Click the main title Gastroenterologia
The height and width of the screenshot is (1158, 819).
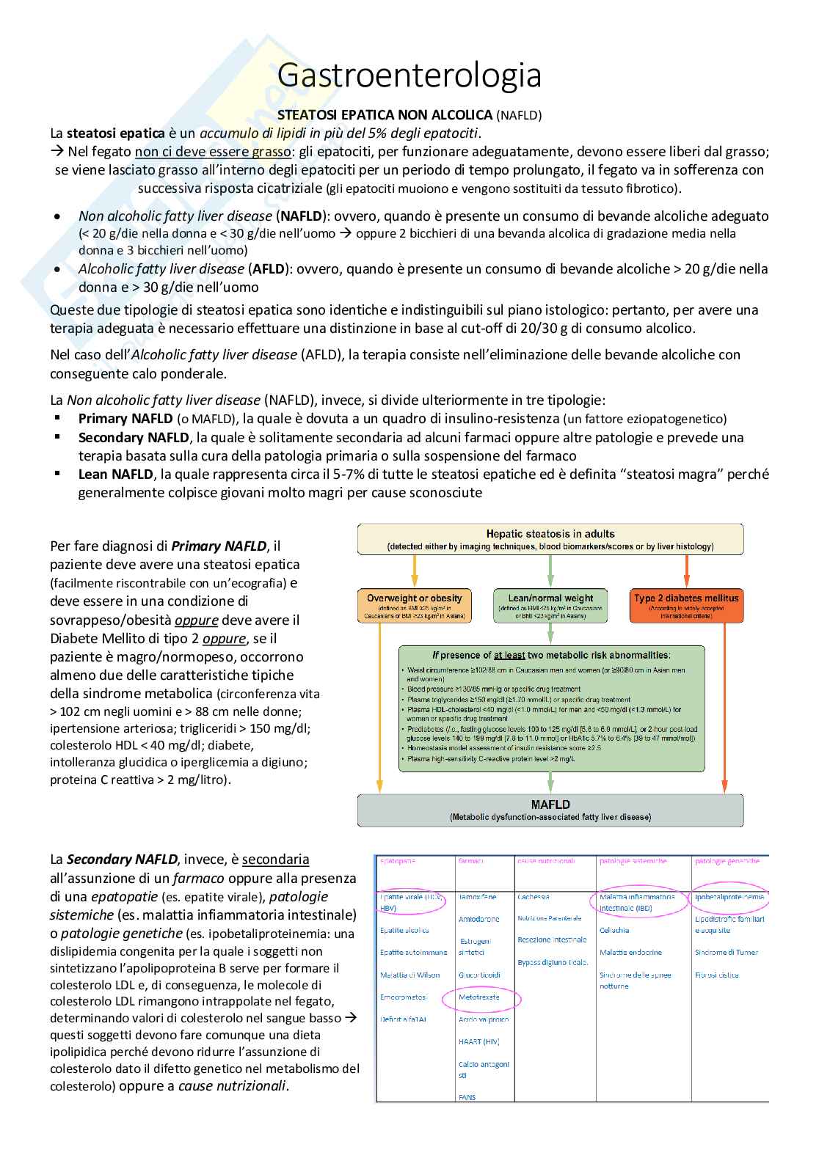[x=409, y=76]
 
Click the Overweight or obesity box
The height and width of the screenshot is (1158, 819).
[x=415, y=606]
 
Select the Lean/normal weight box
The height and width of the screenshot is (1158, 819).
[x=550, y=606]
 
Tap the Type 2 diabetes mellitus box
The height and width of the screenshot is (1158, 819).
[x=686, y=606]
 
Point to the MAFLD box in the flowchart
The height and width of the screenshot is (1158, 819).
[x=550, y=810]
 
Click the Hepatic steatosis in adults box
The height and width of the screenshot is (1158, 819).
[x=550, y=539]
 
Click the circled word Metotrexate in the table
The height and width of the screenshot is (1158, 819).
[x=478, y=997]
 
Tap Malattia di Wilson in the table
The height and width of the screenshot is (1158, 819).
[x=409, y=975]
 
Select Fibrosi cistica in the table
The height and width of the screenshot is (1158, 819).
[x=717, y=975]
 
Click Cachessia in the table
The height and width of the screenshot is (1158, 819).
[x=534, y=897]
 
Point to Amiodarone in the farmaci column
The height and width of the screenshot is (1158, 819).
[x=478, y=919]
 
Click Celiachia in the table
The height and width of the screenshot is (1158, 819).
[x=614, y=930]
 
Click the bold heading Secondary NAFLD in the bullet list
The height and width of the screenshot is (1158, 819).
[x=134, y=438]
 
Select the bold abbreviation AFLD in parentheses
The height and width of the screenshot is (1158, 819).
[x=269, y=269]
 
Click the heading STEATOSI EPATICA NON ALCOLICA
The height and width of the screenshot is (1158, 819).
[x=385, y=115]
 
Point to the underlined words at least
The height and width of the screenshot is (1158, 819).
[x=509, y=655]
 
